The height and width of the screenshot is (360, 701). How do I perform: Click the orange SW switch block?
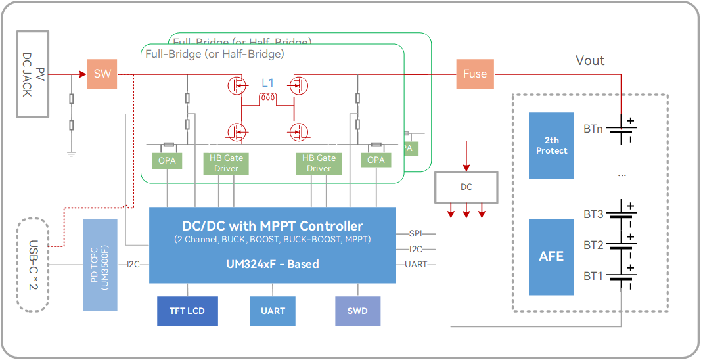coord(102,74)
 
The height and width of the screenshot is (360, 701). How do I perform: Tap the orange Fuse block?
coord(475,74)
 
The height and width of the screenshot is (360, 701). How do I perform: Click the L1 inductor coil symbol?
coord(267,99)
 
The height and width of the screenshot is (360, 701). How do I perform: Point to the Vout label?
coord(590,61)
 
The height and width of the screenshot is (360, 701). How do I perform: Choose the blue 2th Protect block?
coord(551,146)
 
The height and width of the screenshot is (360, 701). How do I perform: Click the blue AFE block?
coord(551,256)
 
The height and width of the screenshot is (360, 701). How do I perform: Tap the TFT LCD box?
coord(187,311)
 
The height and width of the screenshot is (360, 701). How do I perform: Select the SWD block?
coord(357,311)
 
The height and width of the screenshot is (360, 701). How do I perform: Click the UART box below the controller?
coord(273,311)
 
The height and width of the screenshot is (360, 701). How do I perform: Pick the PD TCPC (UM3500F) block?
coord(99,265)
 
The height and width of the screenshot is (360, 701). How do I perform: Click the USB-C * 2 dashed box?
coord(34,263)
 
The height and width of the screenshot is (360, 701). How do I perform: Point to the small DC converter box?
coord(466,187)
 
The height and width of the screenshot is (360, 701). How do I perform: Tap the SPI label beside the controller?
coord(416,234)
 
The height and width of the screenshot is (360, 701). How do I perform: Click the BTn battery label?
coord(593,129)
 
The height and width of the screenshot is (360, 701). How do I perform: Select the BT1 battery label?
coord(593,276)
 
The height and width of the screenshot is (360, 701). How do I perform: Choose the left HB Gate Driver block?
coord(227,163)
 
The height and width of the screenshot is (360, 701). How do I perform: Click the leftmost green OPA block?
coord(167,160)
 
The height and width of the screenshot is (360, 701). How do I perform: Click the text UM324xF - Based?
coord(272,264)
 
